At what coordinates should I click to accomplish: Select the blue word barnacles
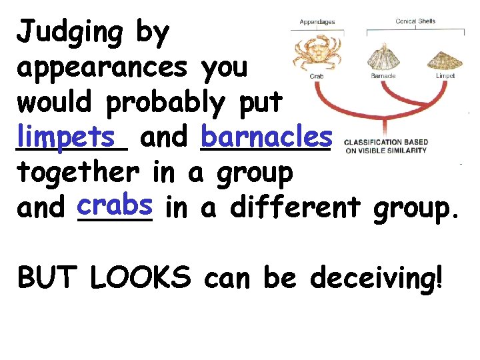pos(265,137)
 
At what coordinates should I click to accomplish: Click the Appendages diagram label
pos(317,22)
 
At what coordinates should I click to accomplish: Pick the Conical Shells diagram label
pos(415,21)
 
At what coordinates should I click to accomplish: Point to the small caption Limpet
pos(445,76)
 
